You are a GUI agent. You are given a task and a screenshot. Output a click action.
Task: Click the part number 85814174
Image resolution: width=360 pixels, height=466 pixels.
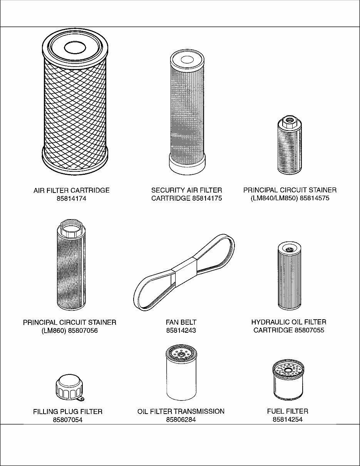tap(71, 199)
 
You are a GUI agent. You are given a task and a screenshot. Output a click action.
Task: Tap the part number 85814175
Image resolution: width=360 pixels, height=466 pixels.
tap(207, 198)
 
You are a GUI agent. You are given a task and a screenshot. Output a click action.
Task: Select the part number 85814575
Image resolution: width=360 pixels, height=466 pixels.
tap(315, 198)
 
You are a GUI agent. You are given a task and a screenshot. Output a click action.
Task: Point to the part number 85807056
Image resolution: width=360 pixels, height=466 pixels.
tap(83, 330)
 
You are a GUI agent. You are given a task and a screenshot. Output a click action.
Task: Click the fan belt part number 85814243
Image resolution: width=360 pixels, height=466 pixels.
tap(181, 330)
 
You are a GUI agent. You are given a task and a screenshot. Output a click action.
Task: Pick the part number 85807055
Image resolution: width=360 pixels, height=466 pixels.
tap(310, 330)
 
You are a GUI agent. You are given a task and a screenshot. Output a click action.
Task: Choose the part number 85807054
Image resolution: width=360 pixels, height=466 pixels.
tap(68, 420)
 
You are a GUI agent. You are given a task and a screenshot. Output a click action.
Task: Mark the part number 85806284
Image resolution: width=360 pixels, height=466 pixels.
tap(181, 419)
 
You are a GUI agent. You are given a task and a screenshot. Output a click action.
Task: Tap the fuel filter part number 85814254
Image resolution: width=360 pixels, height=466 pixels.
tap(288, 419)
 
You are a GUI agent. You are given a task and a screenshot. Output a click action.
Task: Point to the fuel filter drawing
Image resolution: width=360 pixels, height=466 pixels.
tap(289, 380)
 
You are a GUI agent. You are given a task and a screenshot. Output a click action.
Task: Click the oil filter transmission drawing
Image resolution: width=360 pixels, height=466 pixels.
tap(181, 372)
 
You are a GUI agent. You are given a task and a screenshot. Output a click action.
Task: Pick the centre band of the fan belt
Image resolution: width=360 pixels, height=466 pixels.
tap(184, 272)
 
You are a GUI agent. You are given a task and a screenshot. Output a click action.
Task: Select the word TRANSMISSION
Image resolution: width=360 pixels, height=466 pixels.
tap(199, 411)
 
